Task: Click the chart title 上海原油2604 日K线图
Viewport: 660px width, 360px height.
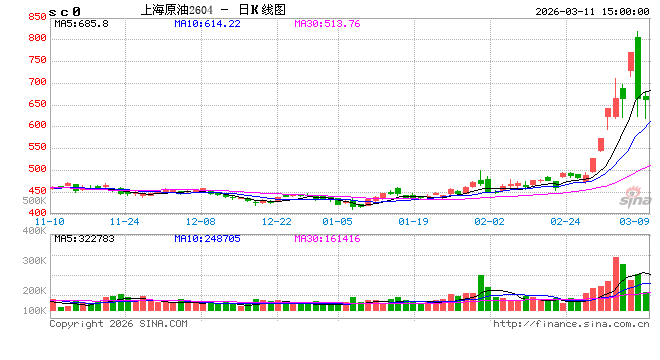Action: [207, 9]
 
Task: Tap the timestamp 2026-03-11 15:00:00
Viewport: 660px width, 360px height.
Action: [589, 9]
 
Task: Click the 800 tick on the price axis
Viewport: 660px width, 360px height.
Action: [37, 38]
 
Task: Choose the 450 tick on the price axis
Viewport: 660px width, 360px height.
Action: [37, 190]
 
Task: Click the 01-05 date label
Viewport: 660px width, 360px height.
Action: [338, 221]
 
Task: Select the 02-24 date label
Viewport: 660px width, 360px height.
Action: [565, 221]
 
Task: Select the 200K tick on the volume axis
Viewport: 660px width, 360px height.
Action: [35, 290]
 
